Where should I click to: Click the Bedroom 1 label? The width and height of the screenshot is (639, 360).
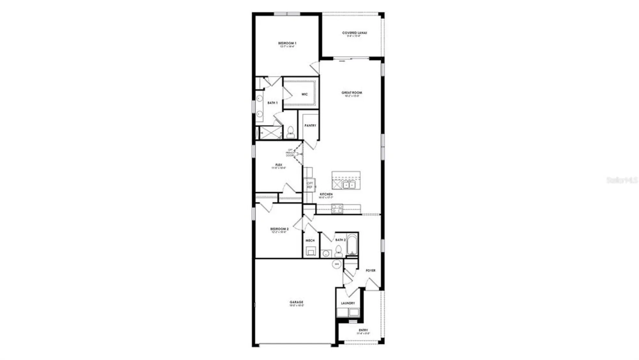tap(287, 43)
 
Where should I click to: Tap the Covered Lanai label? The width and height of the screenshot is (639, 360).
tap(354, 33)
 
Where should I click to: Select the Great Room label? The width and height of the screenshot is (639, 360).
tap(352, 93)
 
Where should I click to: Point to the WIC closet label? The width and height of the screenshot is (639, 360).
tap(304, 94)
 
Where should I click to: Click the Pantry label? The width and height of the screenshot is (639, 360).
tap(310, 126)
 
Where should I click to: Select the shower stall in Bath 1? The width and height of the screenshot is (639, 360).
tap(270, 132)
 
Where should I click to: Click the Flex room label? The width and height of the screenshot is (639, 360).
tap(279, 165)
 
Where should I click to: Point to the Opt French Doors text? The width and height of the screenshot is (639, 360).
tap(290, 153)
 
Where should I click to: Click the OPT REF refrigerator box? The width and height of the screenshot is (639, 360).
tap(310, 185)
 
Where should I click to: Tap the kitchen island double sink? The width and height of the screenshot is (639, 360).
tap(349, 185)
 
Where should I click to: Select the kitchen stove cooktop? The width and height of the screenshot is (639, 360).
tap(337, 209)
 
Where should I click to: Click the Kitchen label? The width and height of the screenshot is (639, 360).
tap(326, 194)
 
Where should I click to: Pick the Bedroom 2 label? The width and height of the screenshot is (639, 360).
tap(279, 229)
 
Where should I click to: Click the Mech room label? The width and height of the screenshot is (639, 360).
tap(310, 240)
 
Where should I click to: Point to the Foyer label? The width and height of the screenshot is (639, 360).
tap(370, 270)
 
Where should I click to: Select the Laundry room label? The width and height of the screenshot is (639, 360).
tap(348, 303)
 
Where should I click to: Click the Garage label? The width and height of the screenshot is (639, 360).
tap(296, 302)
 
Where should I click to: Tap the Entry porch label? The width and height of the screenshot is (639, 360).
tap(363, 330)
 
